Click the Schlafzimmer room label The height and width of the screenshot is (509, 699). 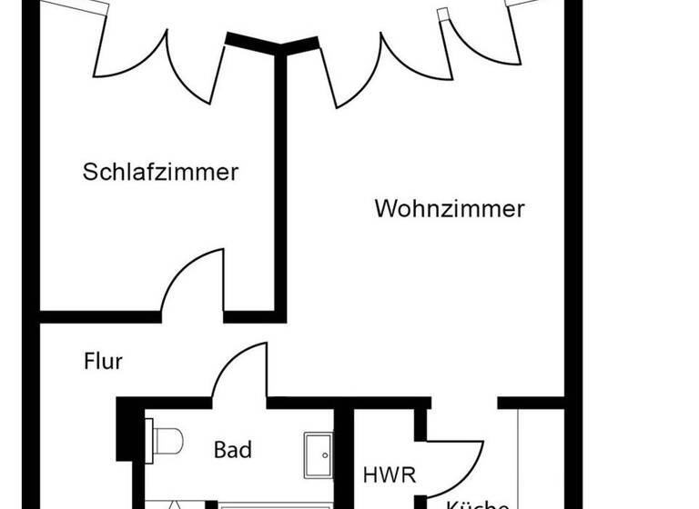point(160,171)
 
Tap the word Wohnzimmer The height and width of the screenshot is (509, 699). point(450,208)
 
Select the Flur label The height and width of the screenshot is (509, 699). point(103,361)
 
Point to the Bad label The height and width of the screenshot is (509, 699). point(232,449)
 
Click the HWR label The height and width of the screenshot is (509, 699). point(389,474)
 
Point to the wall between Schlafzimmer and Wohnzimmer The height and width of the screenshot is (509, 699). point(280,182)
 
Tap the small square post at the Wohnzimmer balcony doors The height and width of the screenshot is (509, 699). point(443,15)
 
